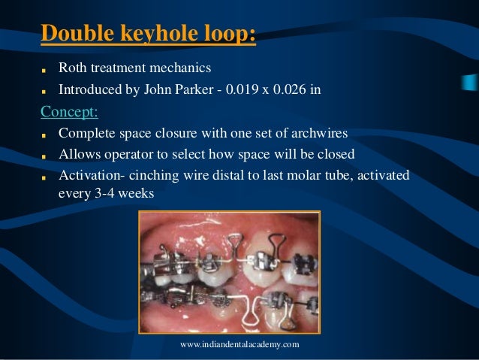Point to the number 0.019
tap(252, 90)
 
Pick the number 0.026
tap(295, 90)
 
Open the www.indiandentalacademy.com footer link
tap(239, 343)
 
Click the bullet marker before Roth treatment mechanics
tap(44, 71)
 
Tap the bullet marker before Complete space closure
tap(44, 135)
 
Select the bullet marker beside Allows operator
tap(44, 156)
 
